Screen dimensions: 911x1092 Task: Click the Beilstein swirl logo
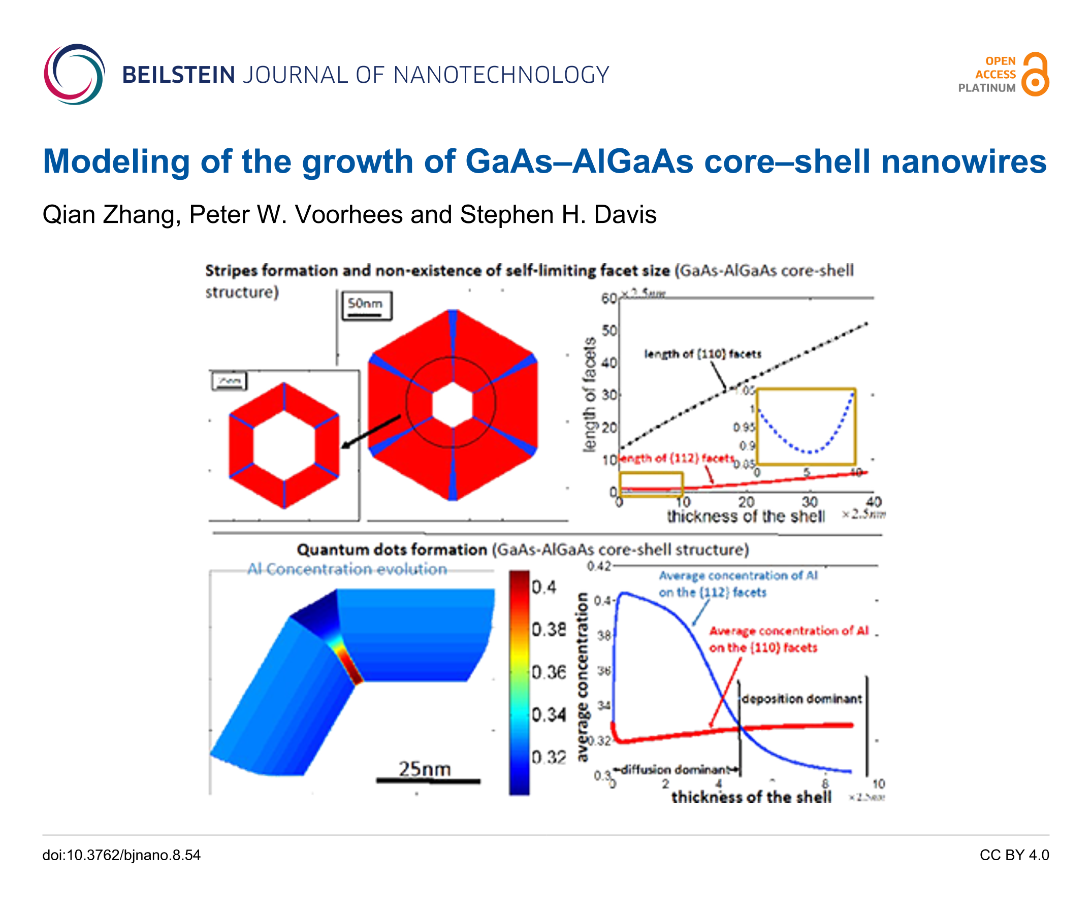74,74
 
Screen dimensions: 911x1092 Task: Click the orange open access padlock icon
1035,74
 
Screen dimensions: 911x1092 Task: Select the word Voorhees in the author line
348,215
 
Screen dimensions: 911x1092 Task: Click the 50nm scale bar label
365,303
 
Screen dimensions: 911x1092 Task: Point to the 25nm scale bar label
424,768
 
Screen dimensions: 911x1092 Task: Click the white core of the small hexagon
284,446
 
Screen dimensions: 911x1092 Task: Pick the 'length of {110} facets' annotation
702,354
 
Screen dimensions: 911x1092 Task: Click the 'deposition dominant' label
801,699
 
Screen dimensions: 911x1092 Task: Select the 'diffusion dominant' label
676,769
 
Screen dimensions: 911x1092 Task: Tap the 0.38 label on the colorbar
548,630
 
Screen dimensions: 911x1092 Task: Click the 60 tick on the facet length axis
608,299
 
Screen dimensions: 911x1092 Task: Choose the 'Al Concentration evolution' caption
347,569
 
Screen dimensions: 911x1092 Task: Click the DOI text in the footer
121,855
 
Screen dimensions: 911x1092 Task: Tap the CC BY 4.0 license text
1014,855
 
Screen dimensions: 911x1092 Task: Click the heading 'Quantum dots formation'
392,549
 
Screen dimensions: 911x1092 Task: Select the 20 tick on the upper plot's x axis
746,502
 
